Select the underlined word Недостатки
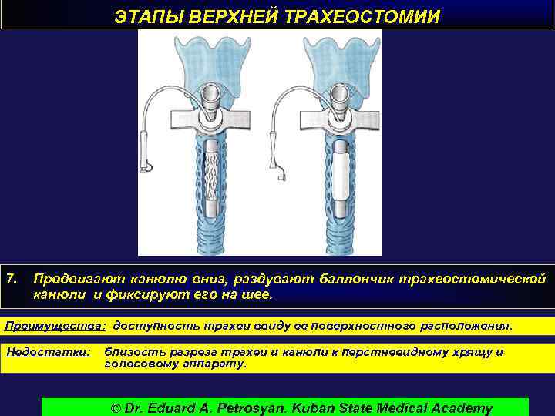click(x=48, y=352)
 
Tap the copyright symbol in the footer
click(x=117, y=408)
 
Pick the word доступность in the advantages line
click(x=159, y=325)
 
